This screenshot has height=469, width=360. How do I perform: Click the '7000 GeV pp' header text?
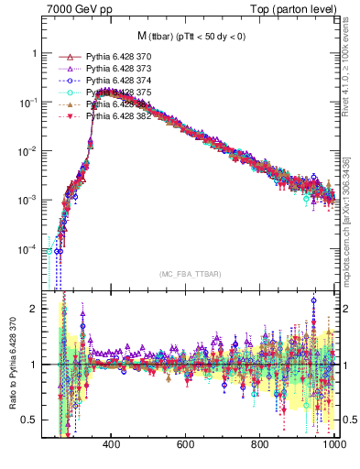74,9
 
